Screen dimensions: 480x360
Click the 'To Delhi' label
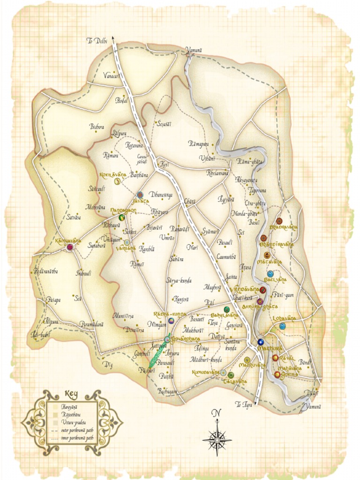coord(97,41)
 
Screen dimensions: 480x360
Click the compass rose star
coord(217,440)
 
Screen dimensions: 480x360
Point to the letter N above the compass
coord(216,413)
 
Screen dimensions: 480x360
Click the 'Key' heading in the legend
coord(71,395)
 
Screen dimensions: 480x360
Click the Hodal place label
coord(121,100)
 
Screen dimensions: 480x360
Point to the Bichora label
coord(97,126)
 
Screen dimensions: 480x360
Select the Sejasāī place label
coord(163,123)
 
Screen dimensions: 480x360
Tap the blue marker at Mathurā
coord(261,342)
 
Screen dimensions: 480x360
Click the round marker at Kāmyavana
coord(70,247)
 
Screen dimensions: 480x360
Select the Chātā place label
coord(190,201)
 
